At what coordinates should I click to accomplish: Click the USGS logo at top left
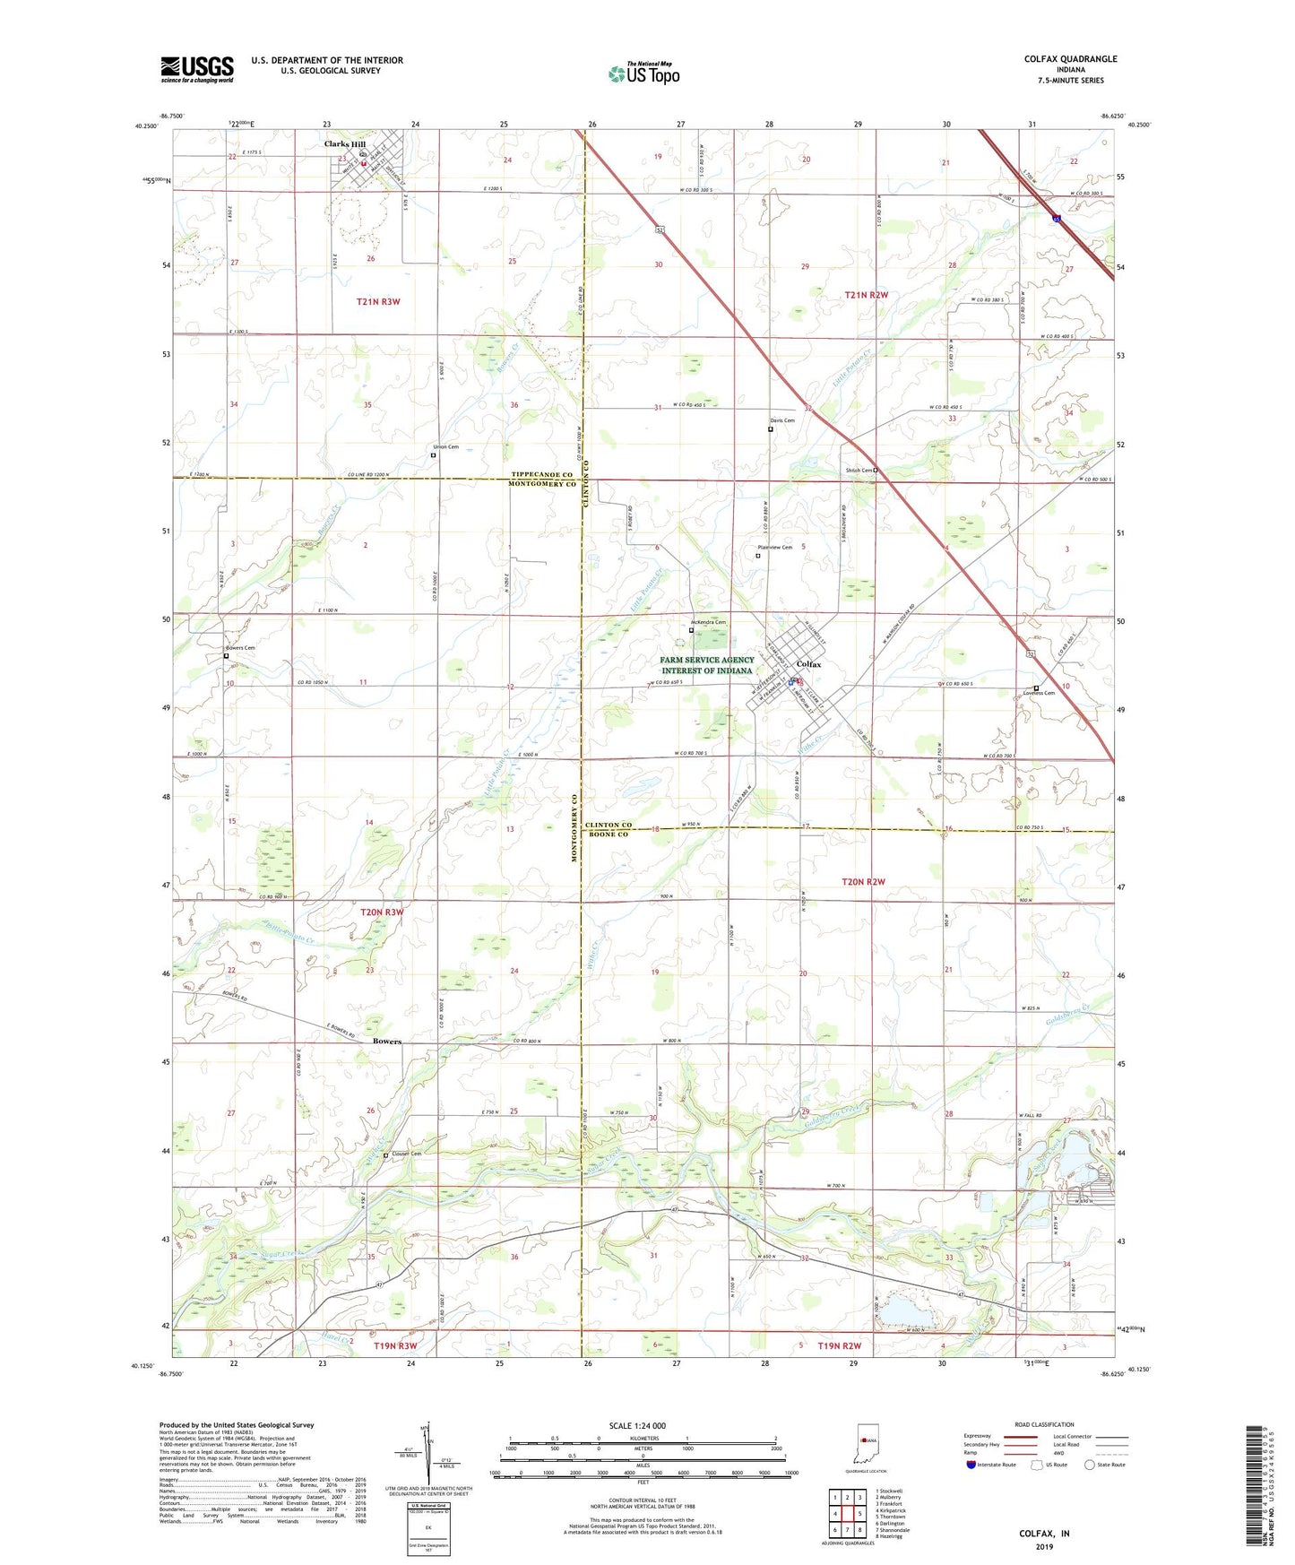click(x=197, y=68)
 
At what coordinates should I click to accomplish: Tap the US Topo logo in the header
click(x=643, y=73)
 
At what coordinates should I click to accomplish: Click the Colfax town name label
click(x=808, y=664)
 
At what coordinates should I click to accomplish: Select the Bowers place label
click(x=386, y=1042)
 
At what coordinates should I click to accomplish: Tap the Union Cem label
click(x=445, y=446)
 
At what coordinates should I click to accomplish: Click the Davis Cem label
click(x=781, y=420)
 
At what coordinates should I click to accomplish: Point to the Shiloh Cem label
click(x=859, y=470)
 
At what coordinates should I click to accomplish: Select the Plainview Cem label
click(x=774, y=547)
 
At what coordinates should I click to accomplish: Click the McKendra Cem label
click(x=708, y=622)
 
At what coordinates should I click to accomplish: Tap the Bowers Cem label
click(x=239, y=647)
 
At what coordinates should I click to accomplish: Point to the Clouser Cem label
click(x=406, y=1154)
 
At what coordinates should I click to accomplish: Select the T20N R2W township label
click(x=863, y=882)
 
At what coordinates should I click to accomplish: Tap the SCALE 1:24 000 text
click(x=636, y=1426)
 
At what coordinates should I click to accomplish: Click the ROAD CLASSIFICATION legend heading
click(x=1044, y=1424)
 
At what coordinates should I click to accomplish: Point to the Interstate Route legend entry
click(x=996, y=1465)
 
